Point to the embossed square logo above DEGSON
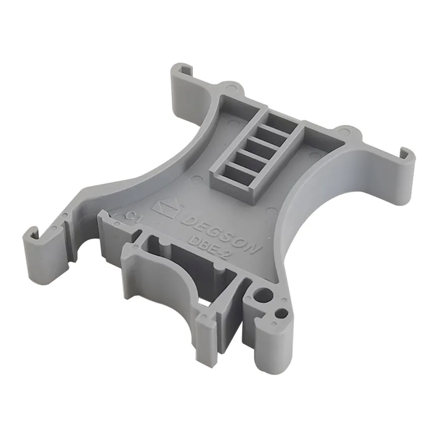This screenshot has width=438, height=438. coord(167,208)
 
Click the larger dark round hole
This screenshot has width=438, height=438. coord(263,295)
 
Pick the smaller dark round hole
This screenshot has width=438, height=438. coord(282,313)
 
